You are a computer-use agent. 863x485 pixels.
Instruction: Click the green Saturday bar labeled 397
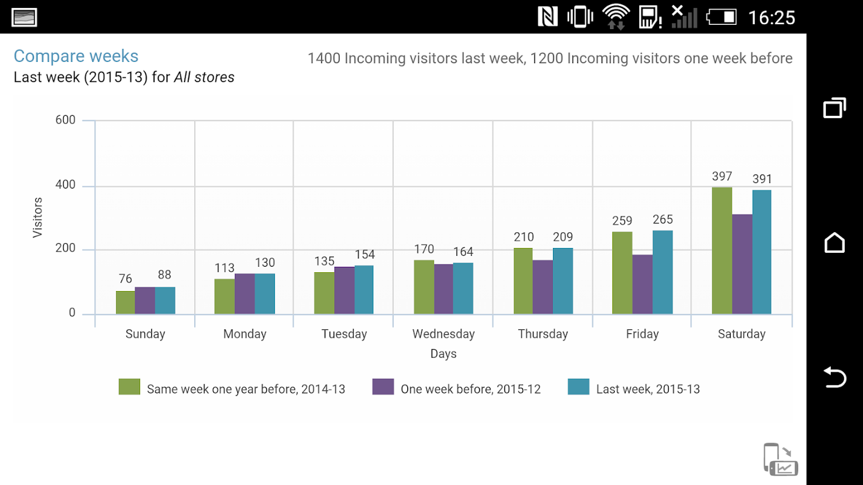(722, 250)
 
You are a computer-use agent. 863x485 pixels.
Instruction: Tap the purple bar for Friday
(642, 284)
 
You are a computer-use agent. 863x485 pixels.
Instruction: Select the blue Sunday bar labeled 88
(165, 301)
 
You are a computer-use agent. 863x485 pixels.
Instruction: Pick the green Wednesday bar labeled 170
(424, 287)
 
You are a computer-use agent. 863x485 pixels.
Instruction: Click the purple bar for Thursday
(543, 287)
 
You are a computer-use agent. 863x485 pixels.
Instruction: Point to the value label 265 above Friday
(663, 219)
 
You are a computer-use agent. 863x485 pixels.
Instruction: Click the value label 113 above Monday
(225, 268)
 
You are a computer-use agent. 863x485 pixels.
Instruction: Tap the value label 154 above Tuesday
(365, 255)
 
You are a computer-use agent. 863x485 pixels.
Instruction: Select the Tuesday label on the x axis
(344, 334)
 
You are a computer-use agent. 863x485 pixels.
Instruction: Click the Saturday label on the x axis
(742, 334)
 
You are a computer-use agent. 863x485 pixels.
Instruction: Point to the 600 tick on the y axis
(66, 120)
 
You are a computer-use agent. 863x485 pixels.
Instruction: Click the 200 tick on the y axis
(66, 249)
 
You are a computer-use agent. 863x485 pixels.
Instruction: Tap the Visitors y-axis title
(38, 217)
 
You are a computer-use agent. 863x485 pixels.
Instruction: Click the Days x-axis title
(444, 354)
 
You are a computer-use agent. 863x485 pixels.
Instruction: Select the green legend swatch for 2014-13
(129, 387)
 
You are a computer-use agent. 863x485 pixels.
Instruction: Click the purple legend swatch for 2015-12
(383, 387)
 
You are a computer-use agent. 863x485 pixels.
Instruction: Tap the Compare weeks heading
(76, 56)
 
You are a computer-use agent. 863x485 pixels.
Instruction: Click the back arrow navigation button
(834, 377)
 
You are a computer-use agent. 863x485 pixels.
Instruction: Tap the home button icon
(834, 242)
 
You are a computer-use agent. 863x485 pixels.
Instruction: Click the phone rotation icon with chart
(780, 460)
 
